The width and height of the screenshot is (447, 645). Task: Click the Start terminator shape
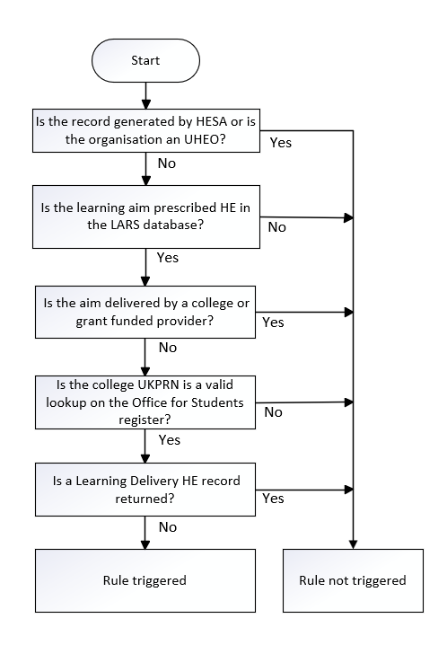[x=145, y=61]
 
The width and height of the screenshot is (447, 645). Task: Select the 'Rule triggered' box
[x=145, y=580]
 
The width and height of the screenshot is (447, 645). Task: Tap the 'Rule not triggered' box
[x=352, y=580]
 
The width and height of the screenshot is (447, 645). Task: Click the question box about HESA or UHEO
[x=145, y=131]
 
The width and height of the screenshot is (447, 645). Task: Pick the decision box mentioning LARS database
[x=145, y=216]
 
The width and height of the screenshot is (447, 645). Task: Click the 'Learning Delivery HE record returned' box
[x=145, y=486]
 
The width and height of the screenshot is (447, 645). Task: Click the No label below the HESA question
[x=166, y=164]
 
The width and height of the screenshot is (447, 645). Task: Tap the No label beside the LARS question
[x=276, y=227]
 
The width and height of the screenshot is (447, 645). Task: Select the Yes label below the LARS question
[x=168, y=258]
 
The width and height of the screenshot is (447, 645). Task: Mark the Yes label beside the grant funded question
[x=272, y=321]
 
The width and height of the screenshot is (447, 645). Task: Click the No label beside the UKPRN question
[x=272, y=411]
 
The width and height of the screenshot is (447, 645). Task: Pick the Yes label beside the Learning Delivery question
[x=272, y=497]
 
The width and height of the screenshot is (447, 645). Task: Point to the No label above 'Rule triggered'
[x=166, y=526]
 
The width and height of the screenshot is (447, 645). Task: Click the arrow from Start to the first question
[x=145, y=95]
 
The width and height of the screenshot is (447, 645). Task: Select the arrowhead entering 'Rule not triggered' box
[x=353, y=544]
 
